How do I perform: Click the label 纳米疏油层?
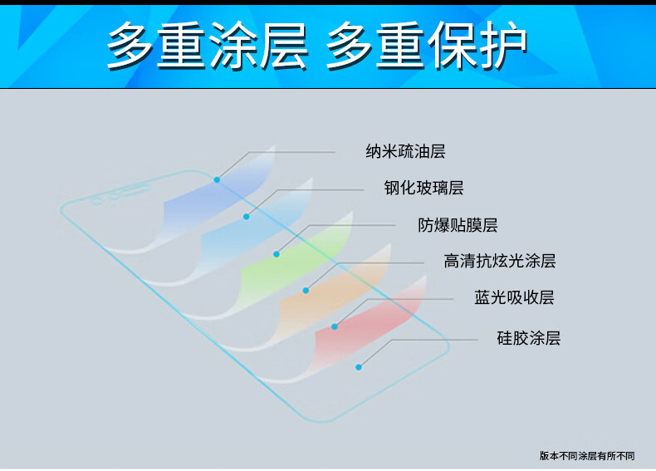coord(405,151)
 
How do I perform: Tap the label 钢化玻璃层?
coord(423,188)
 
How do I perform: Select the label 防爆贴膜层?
coord(458,225)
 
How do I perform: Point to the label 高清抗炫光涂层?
coord(500,261)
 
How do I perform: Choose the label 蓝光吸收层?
coord(514,297)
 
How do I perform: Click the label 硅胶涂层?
coord(529,338)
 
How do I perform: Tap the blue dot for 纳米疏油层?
coord(217,179)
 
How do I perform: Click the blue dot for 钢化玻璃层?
coord(247,217)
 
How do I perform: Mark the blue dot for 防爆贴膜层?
coord(277,254)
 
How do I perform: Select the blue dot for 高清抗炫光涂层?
coord(306,290)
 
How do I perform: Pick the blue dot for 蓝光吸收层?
coord(335,326)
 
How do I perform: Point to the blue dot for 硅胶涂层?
coord(359,367)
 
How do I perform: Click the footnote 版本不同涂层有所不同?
coord(587,455)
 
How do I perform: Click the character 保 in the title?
coord(451,45)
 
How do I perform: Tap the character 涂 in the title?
coord(233,45)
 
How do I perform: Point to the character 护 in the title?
coord(502,45)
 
